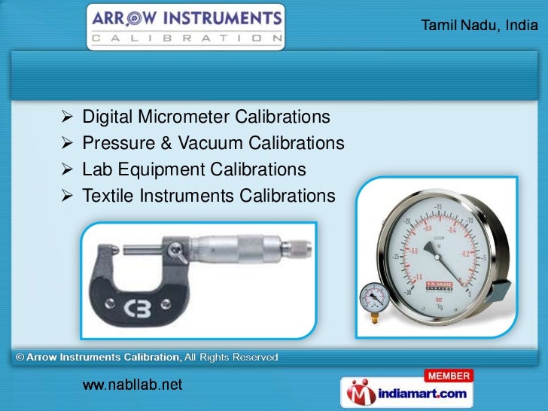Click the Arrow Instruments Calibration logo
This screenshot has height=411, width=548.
185,26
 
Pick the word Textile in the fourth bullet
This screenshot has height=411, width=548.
108,196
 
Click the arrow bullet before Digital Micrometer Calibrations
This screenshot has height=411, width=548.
66,117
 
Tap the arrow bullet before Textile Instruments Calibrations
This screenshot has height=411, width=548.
66,196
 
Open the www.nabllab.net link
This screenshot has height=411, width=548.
132,386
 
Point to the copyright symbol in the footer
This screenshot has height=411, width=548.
20,357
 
